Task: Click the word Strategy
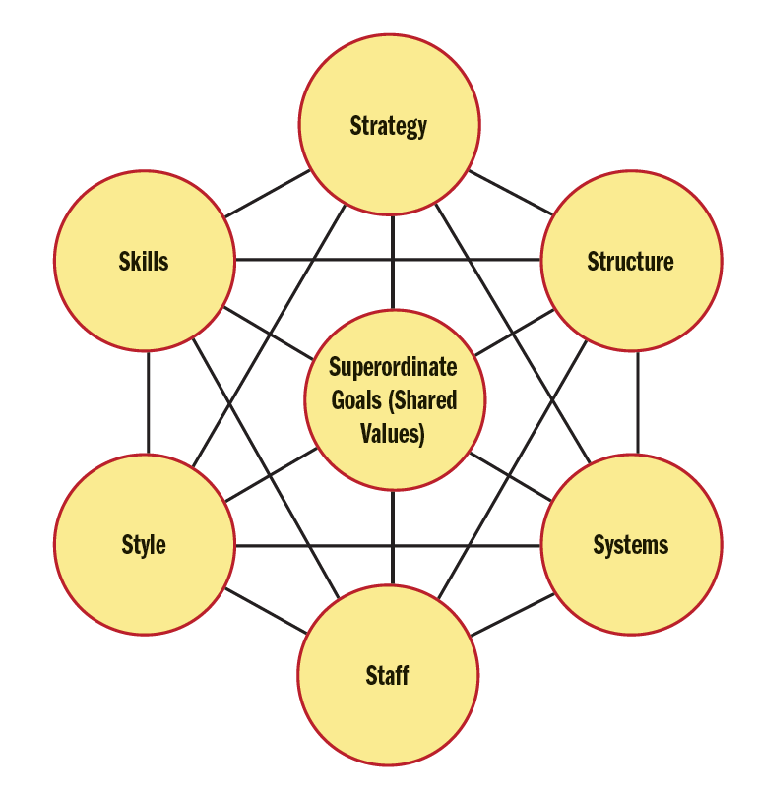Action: coord(389,126)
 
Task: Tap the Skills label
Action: coord(144,261)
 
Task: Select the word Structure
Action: coord(630,261)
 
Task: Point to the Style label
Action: coord(144,545)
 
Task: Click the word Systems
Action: coord(630,545)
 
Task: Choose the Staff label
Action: coord(387,676)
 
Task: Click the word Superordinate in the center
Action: coord(393,368)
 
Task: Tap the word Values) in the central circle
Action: coord(393,433)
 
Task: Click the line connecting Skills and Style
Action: coord(149,403)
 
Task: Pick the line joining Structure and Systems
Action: coord(637,403)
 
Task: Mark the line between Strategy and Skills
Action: coord(266,195)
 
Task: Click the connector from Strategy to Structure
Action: coord(510,193)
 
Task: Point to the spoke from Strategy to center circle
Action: coord(393,262)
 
